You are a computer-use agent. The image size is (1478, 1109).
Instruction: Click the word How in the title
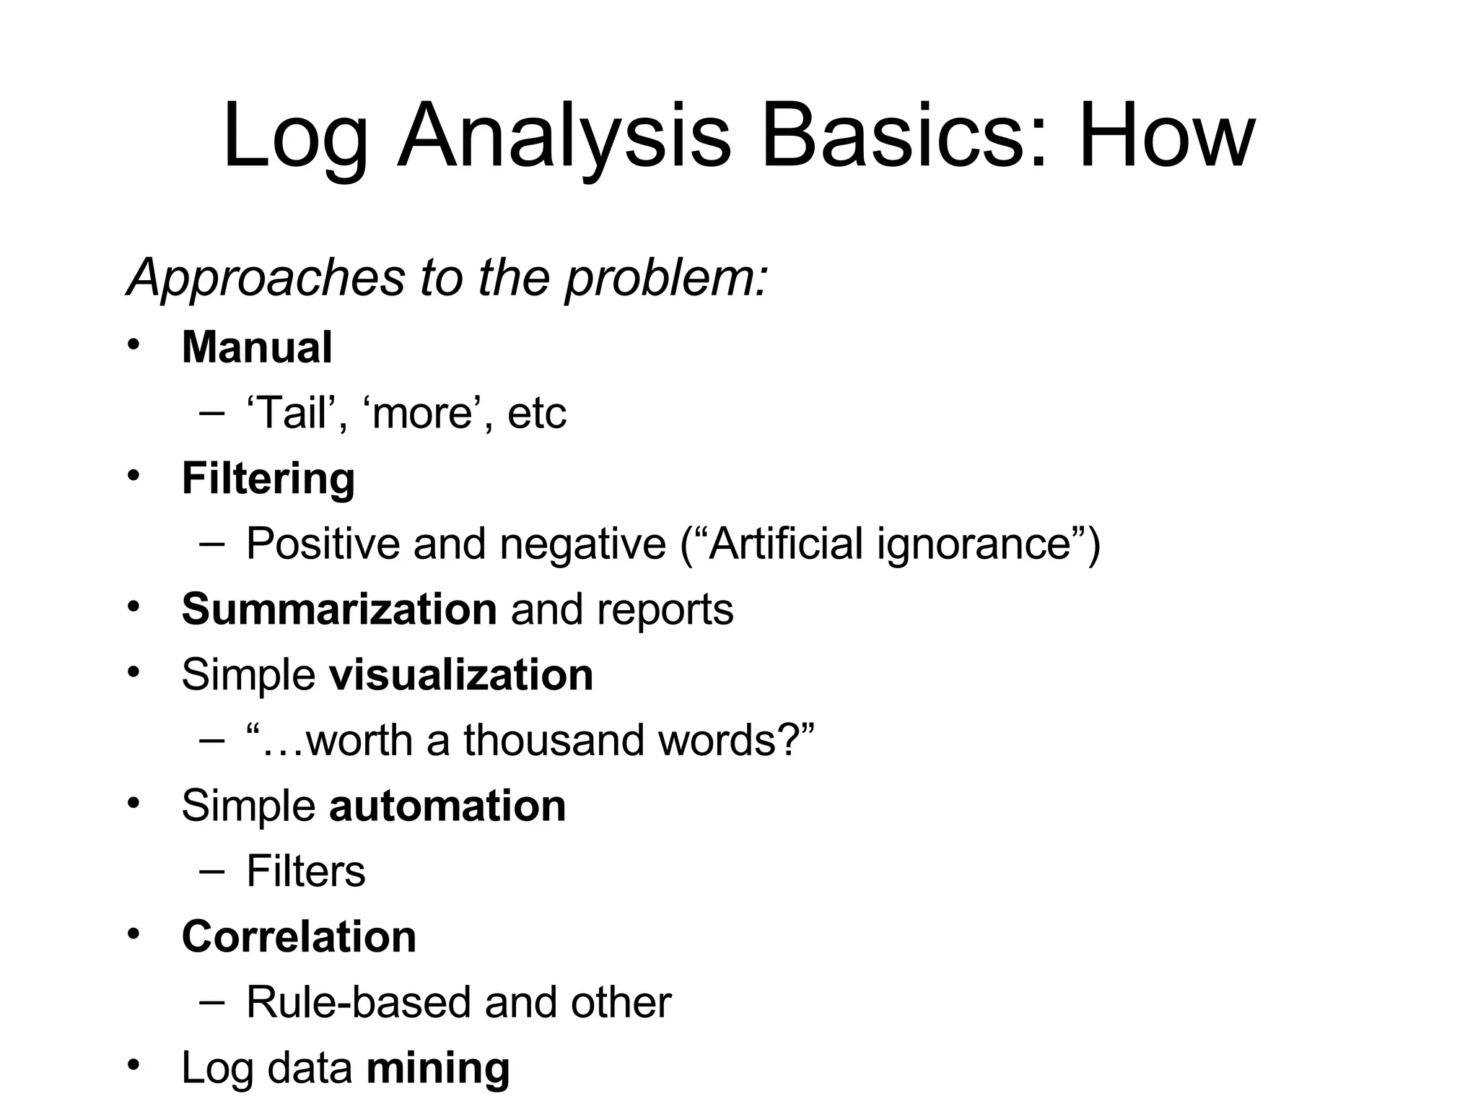1167,136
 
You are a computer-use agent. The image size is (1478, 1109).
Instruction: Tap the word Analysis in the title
564,137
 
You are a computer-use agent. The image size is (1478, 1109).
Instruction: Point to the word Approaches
266,278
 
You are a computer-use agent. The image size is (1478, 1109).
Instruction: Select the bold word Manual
257,347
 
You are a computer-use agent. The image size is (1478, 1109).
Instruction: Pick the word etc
537,413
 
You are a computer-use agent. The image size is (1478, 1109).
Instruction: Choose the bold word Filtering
268,479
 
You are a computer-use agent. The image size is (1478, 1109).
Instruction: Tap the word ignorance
982,544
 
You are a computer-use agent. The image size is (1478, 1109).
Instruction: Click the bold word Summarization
339,609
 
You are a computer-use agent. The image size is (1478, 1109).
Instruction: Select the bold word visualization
461,675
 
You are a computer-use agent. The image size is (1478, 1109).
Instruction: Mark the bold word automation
447,806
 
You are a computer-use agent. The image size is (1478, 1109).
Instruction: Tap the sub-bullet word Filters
306,871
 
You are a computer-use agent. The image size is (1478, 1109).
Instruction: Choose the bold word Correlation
299,937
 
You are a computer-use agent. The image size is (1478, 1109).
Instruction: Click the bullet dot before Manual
133,344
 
